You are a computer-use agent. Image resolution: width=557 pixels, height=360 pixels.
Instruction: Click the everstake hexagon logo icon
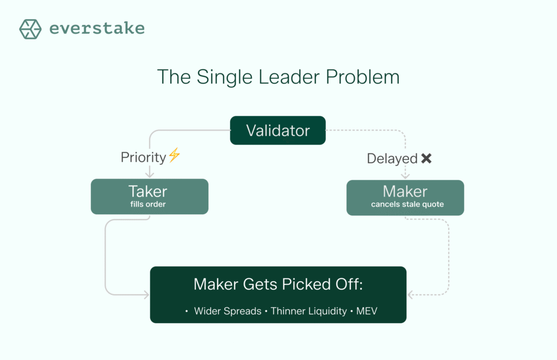click(x=30, y=29)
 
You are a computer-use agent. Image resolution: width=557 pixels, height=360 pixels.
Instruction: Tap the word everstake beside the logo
click(x=97, y=28)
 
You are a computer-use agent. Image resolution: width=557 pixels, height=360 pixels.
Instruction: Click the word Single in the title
click(x=224, y=77)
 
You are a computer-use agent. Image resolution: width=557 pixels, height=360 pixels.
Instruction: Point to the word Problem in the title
click(x=362, y=77)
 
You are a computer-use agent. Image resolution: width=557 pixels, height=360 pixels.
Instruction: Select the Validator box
click(x=278, y=131)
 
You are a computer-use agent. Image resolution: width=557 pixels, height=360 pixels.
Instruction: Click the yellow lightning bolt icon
click(x=175, y=155)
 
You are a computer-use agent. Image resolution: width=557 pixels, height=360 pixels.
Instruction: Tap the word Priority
click(x=143, y=157)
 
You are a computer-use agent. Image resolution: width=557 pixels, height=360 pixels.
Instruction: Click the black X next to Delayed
click(x=426, y=158)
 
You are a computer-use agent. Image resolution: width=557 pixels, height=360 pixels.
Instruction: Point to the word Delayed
click(x=392, y=159)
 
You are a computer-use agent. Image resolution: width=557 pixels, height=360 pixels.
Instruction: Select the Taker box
click(x=150, y=196)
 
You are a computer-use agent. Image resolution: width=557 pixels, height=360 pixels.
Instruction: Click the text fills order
click(x=148, y=204)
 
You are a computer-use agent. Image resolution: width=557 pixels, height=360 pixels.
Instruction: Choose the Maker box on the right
click(x=405, y=197)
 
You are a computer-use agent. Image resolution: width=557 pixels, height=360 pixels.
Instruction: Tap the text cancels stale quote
click(x=407, y=204)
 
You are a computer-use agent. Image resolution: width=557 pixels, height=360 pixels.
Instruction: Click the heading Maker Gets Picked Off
click(x=278, y=284)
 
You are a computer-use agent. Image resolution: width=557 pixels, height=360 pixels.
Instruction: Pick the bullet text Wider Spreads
click(x=228, y=311)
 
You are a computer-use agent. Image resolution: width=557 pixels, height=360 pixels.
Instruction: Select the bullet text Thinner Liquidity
click(x=309, y=311)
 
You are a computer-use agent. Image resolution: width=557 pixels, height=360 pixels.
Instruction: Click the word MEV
click(x=367, y=311)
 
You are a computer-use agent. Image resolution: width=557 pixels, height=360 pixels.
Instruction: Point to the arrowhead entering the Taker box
click(x=150, y=175)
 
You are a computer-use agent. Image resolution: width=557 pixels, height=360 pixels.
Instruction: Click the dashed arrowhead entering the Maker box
click(x=405, y=176)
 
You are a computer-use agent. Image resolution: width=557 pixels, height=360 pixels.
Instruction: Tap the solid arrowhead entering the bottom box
click(x=146, y=294)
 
